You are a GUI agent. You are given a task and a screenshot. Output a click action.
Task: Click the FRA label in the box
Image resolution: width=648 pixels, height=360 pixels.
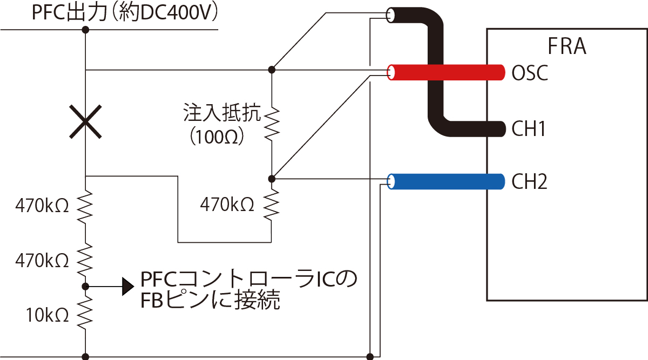point(567,47)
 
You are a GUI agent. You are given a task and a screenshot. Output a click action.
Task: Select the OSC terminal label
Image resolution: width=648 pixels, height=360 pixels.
point(530,73)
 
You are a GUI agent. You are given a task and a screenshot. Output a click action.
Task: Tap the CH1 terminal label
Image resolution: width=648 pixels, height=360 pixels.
point(530,129)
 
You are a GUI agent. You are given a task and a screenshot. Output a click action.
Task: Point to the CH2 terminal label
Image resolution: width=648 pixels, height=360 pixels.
point(530,182)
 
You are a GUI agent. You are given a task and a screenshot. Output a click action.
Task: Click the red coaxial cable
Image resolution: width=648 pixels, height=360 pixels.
point(448,72)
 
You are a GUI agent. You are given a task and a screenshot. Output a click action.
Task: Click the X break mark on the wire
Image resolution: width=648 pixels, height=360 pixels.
point(85,122)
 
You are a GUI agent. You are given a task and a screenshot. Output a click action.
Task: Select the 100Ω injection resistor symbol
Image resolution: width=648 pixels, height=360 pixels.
point(272,124)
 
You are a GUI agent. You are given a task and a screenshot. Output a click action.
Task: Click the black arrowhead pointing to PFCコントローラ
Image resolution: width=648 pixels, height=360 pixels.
point(127,287)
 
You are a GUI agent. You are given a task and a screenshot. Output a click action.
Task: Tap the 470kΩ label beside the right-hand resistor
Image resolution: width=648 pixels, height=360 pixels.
point(227,204)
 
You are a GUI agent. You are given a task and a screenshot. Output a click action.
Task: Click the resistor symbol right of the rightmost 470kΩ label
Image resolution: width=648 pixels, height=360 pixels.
point(272,203)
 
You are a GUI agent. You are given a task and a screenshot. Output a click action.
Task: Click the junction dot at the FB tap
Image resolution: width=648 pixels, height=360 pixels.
point(85,286)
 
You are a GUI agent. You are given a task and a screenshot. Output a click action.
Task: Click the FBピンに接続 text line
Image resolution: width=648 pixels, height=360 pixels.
point(210,300)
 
